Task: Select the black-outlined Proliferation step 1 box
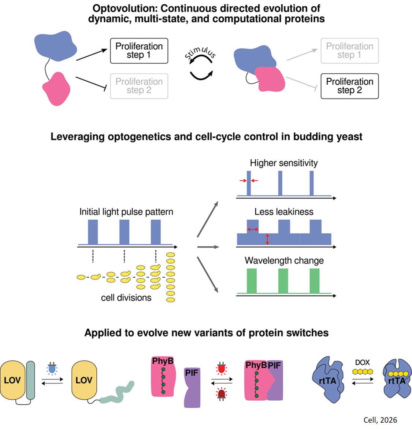pos(139,51)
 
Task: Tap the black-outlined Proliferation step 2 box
pos(349,86)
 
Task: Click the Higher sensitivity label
pos(283,163)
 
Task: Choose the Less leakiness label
pos(284,212)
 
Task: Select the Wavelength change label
pos(284,260)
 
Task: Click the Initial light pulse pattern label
pos(126,212)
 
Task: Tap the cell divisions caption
pos(126,297)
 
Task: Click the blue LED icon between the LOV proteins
pos(52,368)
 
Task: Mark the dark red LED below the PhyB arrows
pos(221,394)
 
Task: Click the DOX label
pos(362,362)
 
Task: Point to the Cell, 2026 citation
pos(380,420)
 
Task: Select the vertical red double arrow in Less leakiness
pos(267,239)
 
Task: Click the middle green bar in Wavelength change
pos(283,281)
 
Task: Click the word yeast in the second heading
pos(348,137)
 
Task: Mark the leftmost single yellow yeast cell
pos(81,277)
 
